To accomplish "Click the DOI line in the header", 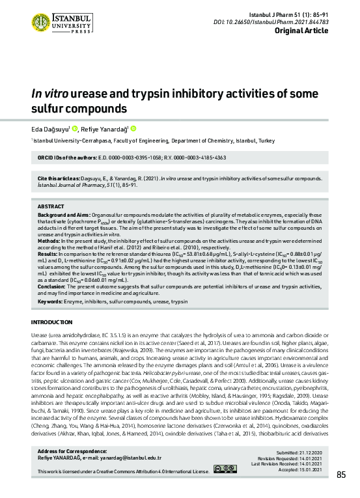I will point(305,21).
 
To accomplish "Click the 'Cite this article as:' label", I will point(61,159).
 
